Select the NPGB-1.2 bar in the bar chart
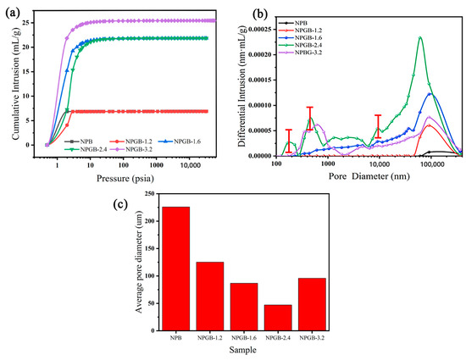209,296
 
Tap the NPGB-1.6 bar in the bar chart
243,307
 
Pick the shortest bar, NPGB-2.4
277,318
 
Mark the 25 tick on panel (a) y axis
31,20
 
